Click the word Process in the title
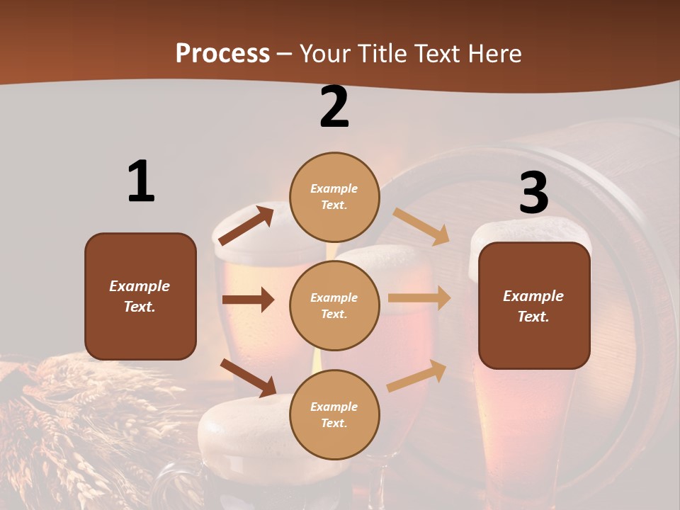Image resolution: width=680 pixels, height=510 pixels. pos(222,53)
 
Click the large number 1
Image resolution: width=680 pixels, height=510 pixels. pos(141,181)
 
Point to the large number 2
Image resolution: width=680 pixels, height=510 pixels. pos(334,107)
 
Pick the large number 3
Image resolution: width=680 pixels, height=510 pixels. pos(533,193)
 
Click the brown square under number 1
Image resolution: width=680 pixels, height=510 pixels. pos(140,296)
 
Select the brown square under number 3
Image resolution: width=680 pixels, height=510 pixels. pos(534,306)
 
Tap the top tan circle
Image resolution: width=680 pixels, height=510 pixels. pos(334,197)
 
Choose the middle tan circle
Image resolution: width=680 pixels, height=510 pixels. pos(334,305)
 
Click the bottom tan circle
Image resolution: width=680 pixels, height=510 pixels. pos(334,414)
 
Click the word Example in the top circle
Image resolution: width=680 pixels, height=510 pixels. pos(334,188)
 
